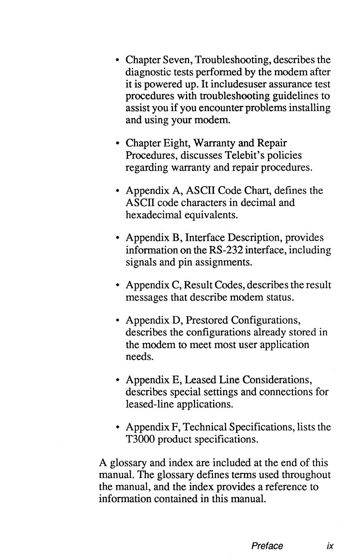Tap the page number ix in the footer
pyautogui.click(x=330, y=546)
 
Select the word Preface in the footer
pyautogui.click(x=267, y=546)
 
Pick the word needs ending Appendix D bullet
pyautogui.click(x=139, y=357)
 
